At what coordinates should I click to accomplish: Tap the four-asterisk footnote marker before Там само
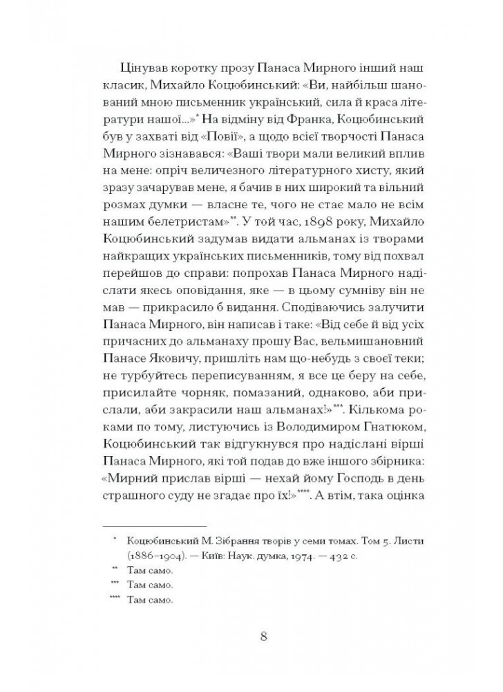coord(115,599)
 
